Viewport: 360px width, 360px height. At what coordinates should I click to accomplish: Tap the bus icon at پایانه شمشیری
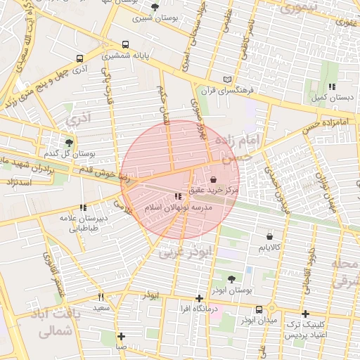tap(125, 44)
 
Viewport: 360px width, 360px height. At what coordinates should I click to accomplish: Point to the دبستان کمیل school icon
tap(331, 86)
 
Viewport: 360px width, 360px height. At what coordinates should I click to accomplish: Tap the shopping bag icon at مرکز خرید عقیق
tap(214, 179)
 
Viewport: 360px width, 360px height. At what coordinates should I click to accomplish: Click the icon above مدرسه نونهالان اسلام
tap(177, 197)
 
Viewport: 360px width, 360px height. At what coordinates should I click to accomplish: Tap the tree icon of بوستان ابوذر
tap(231, 279)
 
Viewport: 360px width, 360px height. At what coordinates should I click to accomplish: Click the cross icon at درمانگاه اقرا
tap(200, 298)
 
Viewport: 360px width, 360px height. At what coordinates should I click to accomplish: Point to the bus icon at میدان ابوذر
tap(259, 309)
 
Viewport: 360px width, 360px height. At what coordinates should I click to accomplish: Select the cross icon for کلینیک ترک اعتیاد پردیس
tap(304, 314)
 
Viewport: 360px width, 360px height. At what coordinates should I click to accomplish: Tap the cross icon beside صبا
tap(122, 336)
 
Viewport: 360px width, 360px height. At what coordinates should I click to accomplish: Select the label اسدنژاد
tap(18, 182)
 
